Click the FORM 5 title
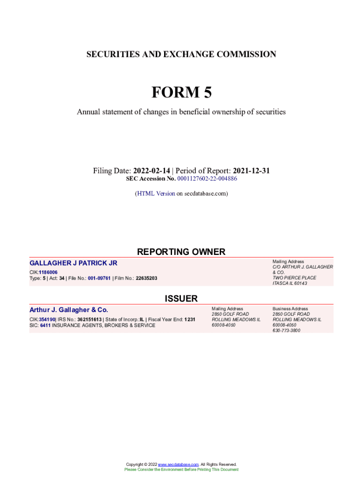(181, 93)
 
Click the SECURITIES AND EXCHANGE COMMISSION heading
(181, 54)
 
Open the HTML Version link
(156, 193)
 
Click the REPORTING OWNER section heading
(181, 252)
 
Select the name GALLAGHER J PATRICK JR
(73, 263)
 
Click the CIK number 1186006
(48, 272)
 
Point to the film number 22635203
(146, 278)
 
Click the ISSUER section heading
(181, 298)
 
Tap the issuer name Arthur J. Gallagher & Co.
(69, 310)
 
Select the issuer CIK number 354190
(47, 319)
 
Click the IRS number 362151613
(89, 319)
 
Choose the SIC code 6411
(45, 325)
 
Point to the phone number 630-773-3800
(286, 330)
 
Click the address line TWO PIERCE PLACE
(294, 278)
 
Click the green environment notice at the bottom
(181, 469)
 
